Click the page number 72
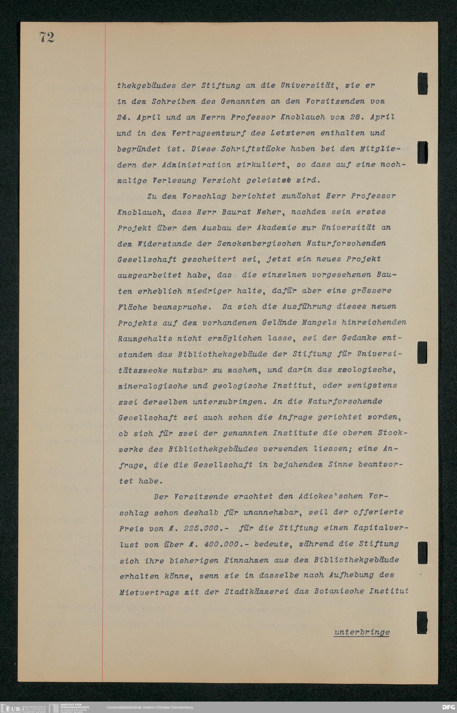pyautogui.click(x=47, y=38)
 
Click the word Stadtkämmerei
pyautogui.click(x=256, y=592)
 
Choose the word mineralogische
pyautogui.click(x=153, y=386)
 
